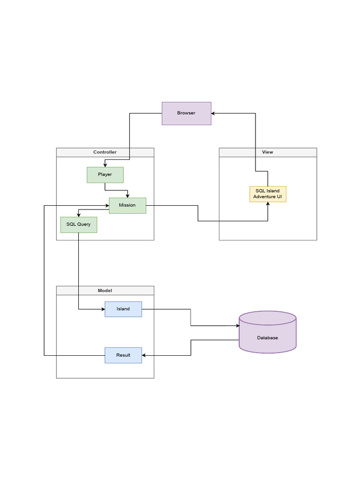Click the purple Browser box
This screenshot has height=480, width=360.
pyautogui.click(x=187, y=113)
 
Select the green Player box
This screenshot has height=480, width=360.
pyautogui.click(x=105, y=175)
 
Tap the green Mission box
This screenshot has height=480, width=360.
pyautogui.click(x=127, y=205)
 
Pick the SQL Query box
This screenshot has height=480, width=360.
pyautogui.click(x=79, y=225)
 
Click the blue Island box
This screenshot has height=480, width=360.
pyautogui.click(x=123, y=309)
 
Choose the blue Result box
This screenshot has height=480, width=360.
pyautogui.click(x=123, y=355)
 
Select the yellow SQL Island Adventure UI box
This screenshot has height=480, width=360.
pyautogui.click(x=268, y=194)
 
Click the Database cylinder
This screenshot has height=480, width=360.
pyautogui.click(x=268, y=332)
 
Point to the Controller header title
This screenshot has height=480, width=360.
pyautogui.click(x=105, y=152)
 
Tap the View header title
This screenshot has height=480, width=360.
pyautogui.click(x=268, y=152)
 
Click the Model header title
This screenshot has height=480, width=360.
pyautogui.click(x=105, y=291)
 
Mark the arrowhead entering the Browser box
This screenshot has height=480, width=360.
pyautogui.click(x=213, y=113)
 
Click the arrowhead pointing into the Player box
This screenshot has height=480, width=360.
pyautogui.click(x=105, y=165)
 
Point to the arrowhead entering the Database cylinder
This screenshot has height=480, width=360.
pyautogui.click(x=238, y=326)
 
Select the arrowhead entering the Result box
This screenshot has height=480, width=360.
pyautogui.click(x=143, y=355)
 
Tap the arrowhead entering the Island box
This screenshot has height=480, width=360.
pyautogui.click(x=103, y=309)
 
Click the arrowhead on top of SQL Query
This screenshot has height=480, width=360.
pyautogui.click(x=79, y=215)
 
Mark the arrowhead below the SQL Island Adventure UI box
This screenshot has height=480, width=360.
pyautogui.click(x=268, y=204)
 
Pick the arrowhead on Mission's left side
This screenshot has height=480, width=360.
pyautogui.click(x=107, y=205)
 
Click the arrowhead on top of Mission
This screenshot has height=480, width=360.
pyautogui.click(x=127, y=196)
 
